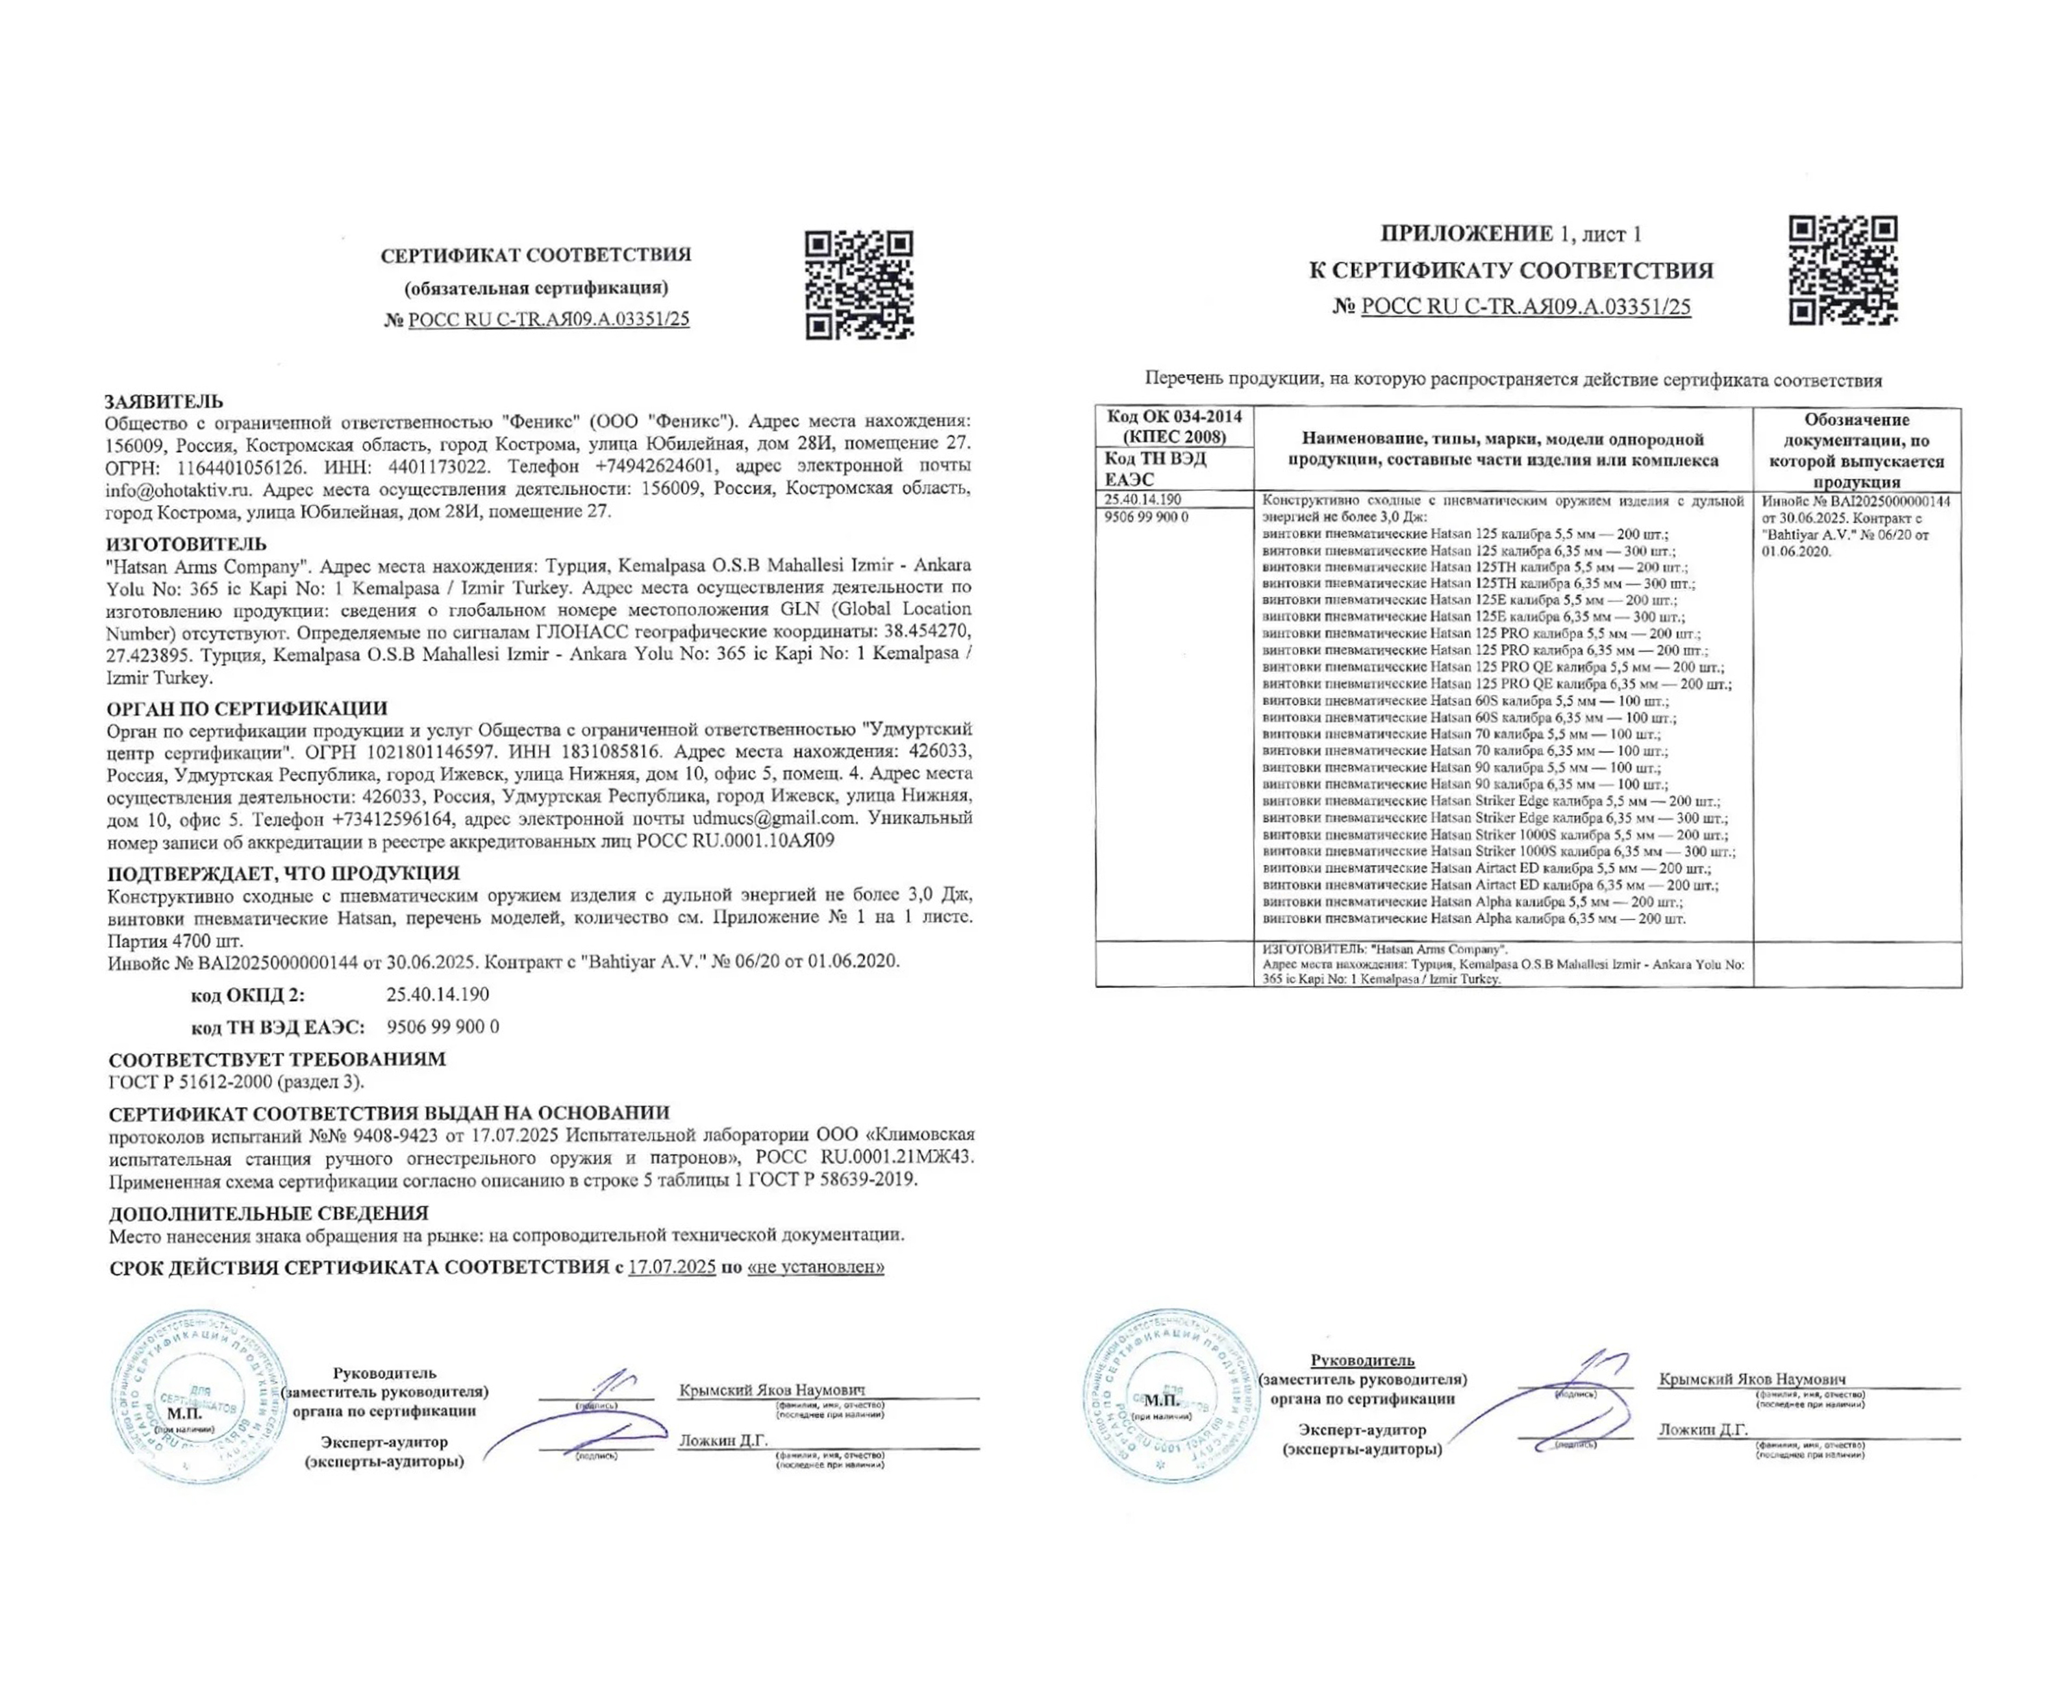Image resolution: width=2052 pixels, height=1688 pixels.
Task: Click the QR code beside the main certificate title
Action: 858,285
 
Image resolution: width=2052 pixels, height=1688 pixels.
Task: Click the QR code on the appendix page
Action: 1842,270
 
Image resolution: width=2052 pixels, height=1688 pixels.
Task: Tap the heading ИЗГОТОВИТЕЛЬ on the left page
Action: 186,543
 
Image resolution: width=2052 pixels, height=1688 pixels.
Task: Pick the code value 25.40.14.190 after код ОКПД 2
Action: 438,995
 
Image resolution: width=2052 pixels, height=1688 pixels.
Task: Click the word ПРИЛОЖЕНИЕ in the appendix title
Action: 1466,233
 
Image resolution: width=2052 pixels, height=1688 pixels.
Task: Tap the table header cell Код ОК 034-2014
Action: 1174,417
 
